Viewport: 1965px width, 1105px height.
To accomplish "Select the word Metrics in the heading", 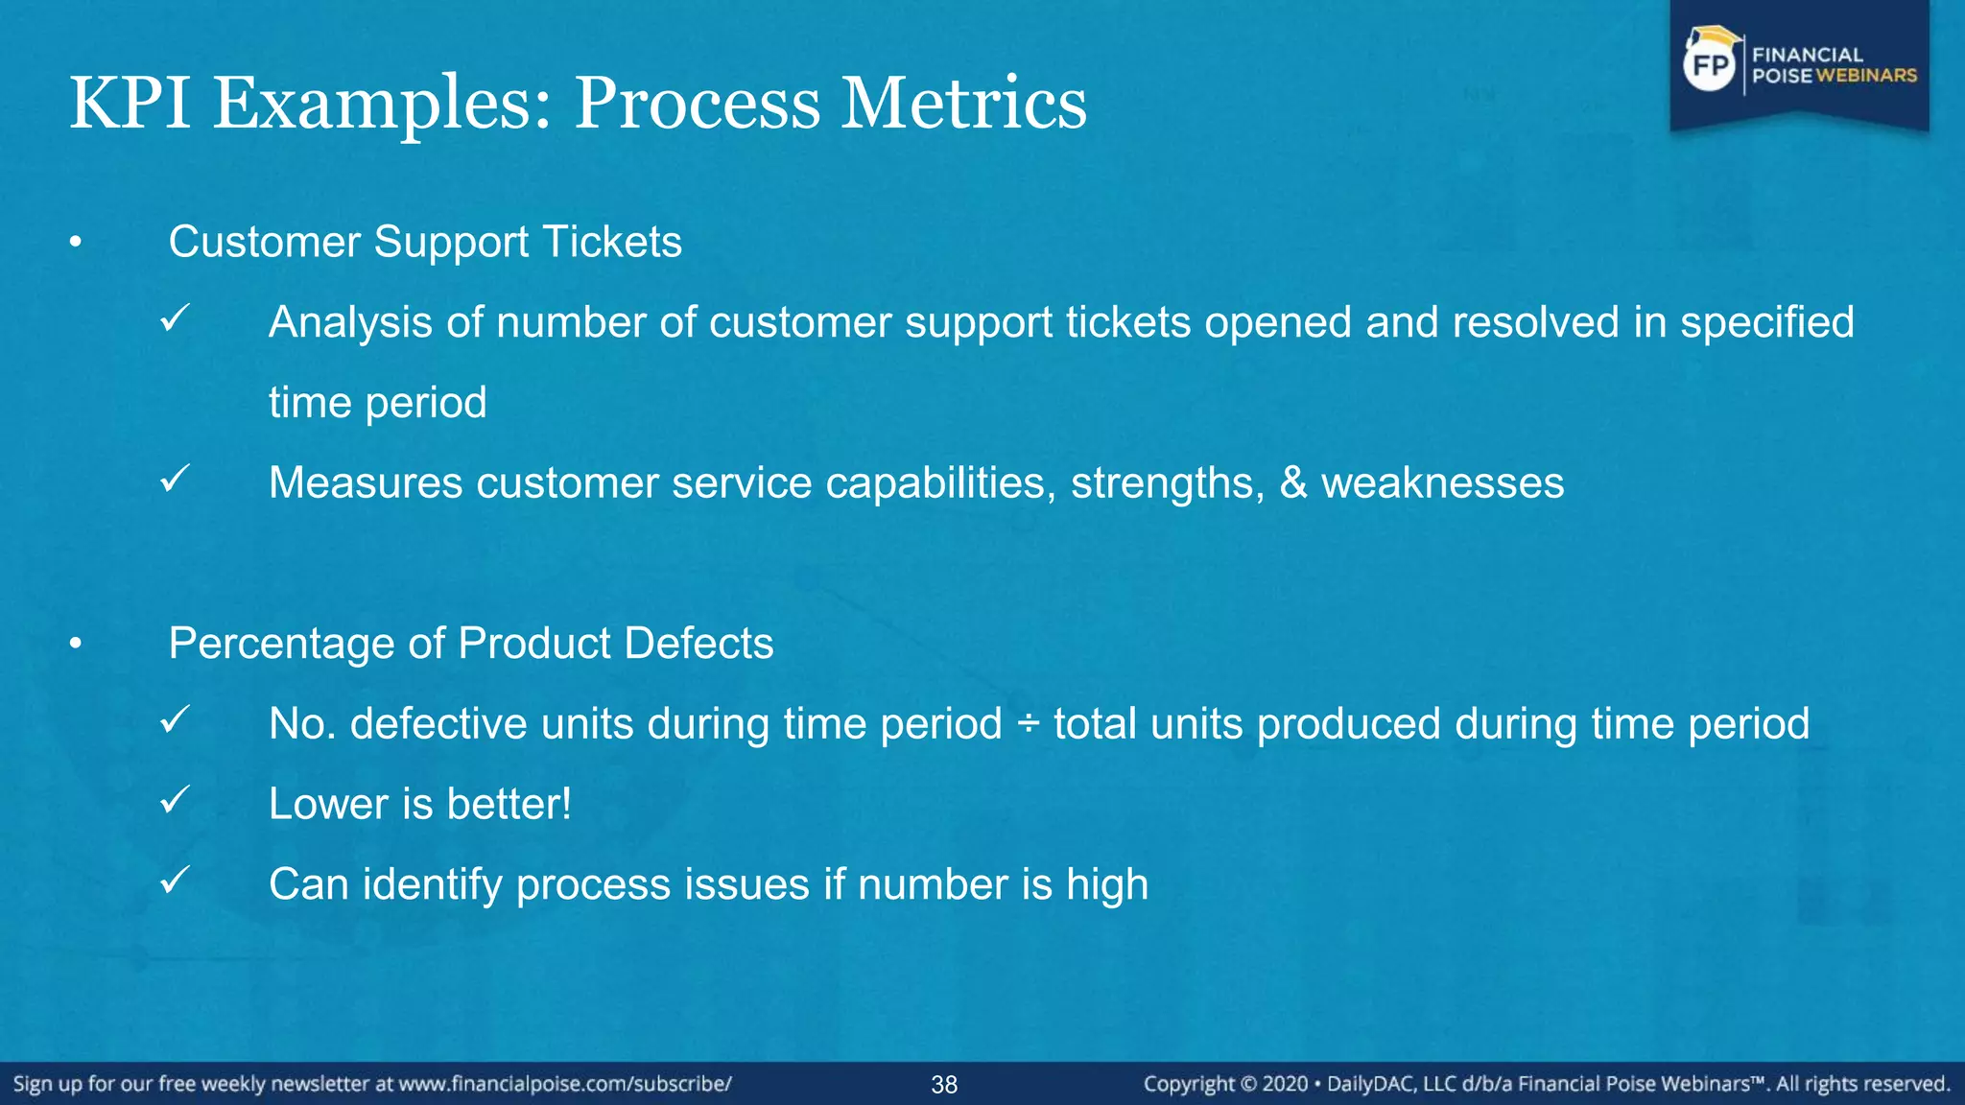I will (x=963, y=103).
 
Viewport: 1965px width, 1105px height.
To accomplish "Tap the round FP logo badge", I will (x=1710, y=65).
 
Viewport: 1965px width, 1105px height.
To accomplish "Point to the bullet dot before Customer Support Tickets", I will (x=76, y=244).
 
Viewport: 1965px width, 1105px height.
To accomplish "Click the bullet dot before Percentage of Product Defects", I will (x=76, y=645).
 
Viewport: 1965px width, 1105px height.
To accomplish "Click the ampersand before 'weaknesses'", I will (x=1293, y=482).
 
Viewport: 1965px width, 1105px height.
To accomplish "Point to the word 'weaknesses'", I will (x=1442, y=482).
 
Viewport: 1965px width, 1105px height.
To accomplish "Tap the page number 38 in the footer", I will (x=944, y=1085).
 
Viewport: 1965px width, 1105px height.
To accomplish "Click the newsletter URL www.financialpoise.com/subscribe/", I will (x=565, y=1084).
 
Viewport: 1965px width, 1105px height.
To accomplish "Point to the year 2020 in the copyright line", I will (x=1285, y=1084).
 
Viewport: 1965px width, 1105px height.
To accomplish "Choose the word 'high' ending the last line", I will (x=1107, y=884).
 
